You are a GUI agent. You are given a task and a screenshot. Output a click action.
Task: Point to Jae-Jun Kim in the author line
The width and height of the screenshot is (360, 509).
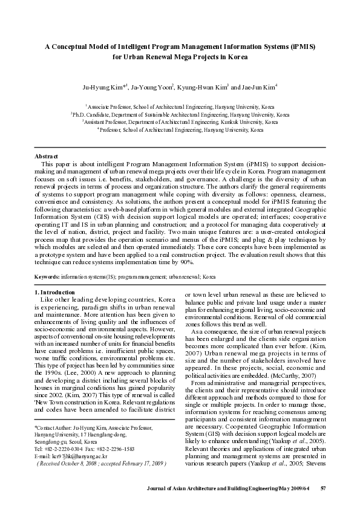click(x=258, y=87)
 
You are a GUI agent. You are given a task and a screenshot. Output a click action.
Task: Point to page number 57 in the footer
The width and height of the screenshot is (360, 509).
click(x=323, y=488)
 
